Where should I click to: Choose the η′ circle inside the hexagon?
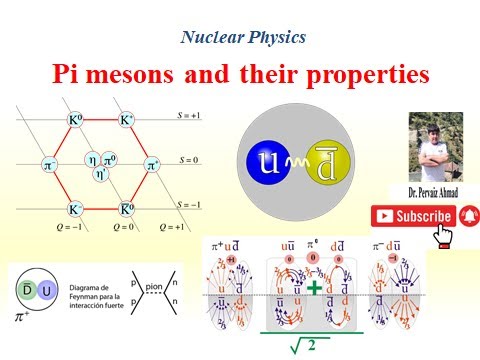point(101,171)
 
